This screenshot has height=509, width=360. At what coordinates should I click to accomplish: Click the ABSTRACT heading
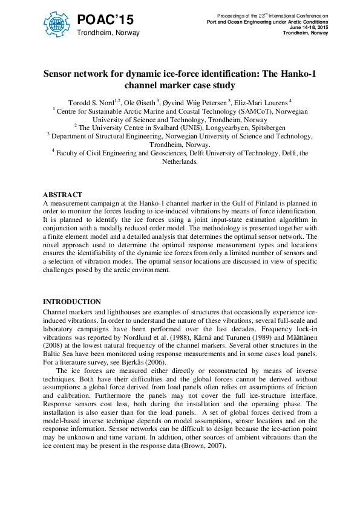coord(62,195)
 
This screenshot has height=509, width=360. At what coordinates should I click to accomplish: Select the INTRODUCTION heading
coord(72,302)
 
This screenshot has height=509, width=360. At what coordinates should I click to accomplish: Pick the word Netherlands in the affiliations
coord(179,162)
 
